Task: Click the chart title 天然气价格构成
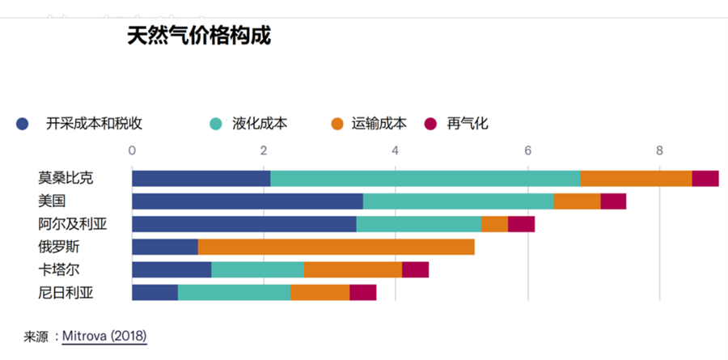point(198,36)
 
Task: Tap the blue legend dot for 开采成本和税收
point(23,124)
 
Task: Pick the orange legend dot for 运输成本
point(338,124)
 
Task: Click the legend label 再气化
point(468,124)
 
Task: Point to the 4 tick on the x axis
point(396,150)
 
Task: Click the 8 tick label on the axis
point(659,150)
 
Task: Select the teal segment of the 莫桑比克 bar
point(425,179)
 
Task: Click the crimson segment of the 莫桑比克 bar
point(705,179)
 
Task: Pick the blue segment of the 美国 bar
point(247,201)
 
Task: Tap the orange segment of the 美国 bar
point(577,201)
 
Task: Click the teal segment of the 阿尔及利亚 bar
point(418,224)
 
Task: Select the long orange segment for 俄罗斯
point(336,247)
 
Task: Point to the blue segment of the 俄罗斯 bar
point(165,247)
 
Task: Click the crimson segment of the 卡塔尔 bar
point(415,269)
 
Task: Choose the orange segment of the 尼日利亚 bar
point(320,292)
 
